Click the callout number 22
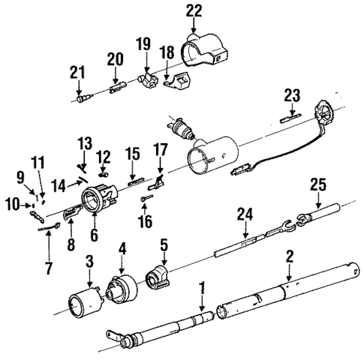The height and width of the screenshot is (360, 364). (194, 10)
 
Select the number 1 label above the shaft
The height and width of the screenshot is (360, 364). (202, 286)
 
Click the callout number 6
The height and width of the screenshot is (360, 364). (95, 235)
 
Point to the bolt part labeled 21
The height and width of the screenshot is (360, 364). (83, 96)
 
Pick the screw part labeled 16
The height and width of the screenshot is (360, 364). (148, 198)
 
